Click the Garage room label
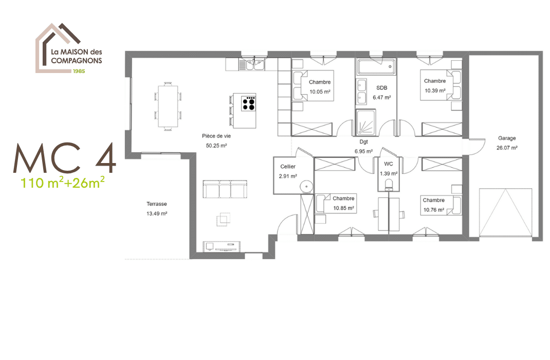[507, 138]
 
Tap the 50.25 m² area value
[216, 146]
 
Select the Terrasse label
[157, 204]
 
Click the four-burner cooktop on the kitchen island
[249, 104]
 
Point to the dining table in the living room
[168, 105]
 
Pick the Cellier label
[288, 167]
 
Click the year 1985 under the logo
[78, 70]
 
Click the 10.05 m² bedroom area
[320, 92]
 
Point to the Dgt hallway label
[363, 142]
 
